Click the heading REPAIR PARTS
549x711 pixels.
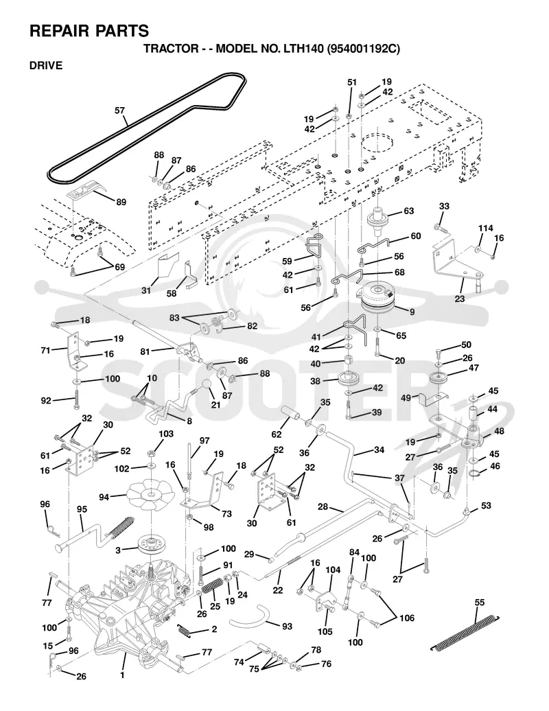pos(89,31)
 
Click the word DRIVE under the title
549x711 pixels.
pos(46,65)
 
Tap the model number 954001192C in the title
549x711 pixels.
pos(362,49)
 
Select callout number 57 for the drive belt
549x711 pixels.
pos(119,110)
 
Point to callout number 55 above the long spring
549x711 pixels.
pos(479,602)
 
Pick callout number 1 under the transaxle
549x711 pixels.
pos(122,675)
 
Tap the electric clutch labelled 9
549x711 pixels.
pos(377,298)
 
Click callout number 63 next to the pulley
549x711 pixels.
pos(408,211)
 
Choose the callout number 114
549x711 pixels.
pos(486,228)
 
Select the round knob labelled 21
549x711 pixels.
pos(208,384)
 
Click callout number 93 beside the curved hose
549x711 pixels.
pos(287,626)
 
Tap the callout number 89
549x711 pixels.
pos(121,202)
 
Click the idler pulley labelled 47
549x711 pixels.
pos(439,379)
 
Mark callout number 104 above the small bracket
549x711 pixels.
pos(333,570)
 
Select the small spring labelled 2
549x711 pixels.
pos(183,629)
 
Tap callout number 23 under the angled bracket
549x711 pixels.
pos(460,299)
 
